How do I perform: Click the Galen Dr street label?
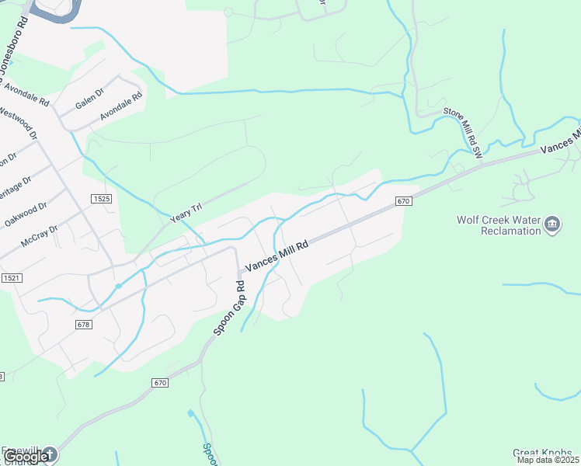90,104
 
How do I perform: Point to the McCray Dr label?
40,235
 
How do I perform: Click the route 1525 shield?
101,199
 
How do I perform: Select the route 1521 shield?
12,277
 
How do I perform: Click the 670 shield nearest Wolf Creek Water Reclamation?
402,201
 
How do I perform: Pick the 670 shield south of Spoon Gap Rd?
160,383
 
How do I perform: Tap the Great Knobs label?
542,453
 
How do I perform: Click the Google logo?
25,457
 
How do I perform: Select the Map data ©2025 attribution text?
548,461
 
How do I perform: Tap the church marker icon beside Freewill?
49,454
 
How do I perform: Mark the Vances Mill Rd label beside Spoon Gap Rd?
277,256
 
